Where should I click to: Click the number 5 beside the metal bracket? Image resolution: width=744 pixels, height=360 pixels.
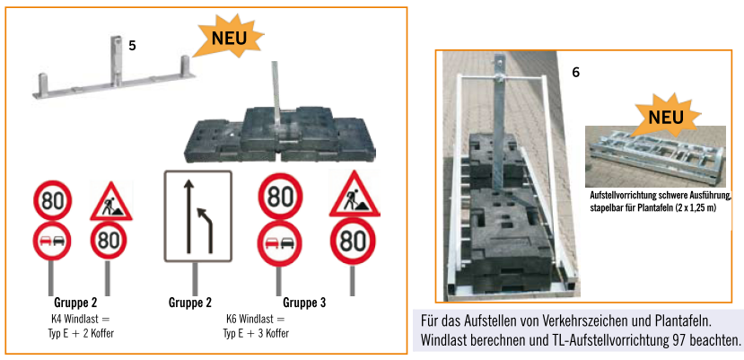[x=133, y=46]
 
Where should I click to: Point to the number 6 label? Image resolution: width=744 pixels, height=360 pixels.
[x=576, y=73]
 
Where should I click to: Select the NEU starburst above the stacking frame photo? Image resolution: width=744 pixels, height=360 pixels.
[x=666, y=116]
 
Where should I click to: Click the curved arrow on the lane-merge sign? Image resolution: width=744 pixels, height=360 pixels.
[x=207, y=227]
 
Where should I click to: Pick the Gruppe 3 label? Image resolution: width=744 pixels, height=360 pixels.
[x=304, y=303]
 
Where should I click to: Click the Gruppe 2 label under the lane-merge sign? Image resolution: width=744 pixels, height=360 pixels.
[x=189, y=303]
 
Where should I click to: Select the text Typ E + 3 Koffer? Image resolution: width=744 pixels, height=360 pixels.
[x=256, y=333]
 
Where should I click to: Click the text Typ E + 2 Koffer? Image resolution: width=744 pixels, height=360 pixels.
[x=76, y=333]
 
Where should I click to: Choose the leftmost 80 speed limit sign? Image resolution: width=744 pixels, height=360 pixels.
[x=52, y=200]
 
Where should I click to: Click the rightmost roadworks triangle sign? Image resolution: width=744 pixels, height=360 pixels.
[x=354, y=196]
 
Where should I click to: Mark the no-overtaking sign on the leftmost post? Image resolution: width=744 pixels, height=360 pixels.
[x=52, y=241]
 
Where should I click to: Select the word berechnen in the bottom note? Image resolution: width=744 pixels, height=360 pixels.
[x=497, y=340]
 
